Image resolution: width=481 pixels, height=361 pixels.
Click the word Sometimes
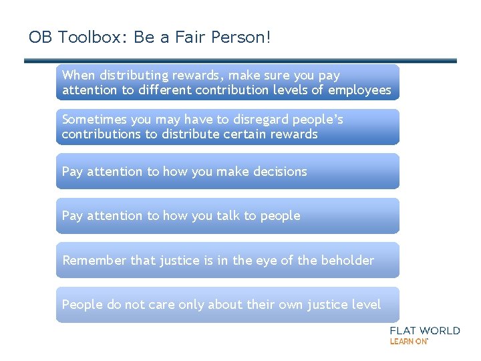click(94, 120)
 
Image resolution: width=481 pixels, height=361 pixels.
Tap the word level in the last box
click(366, 305)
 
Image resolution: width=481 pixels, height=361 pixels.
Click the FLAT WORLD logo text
click(425, 330)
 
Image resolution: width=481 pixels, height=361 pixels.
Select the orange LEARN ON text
click(408, 341)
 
